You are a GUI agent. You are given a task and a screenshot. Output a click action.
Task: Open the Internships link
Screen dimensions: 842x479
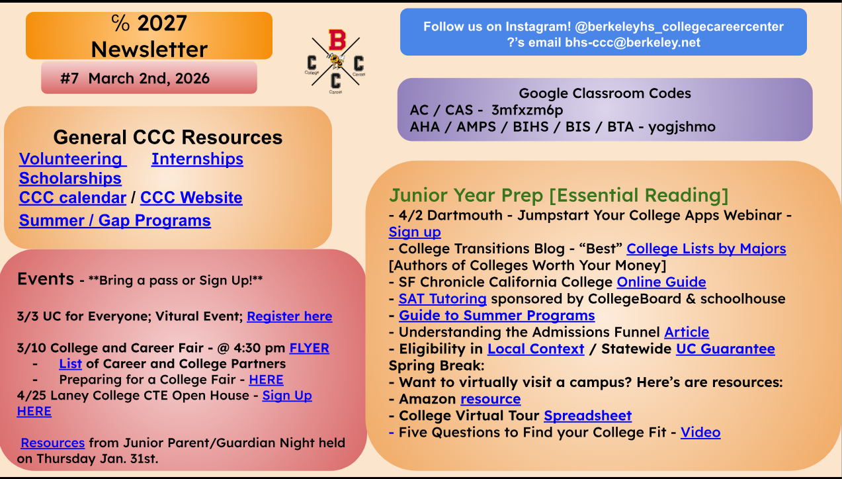click(x=197, y=159)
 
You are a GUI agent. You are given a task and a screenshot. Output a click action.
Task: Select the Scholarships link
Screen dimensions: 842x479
click(x=70, y=178)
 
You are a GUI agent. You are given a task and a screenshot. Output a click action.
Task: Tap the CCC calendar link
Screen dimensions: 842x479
click(x=73, y=198)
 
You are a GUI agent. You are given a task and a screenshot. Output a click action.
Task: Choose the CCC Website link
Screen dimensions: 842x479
click(x=191, y=198)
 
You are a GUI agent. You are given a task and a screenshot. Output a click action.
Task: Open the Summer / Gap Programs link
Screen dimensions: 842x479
click(x=115, y=221)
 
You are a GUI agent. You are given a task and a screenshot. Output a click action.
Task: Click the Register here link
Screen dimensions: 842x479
click(x=290, y=316)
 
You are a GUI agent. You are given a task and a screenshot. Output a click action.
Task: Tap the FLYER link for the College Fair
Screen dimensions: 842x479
click(x=310, y=348)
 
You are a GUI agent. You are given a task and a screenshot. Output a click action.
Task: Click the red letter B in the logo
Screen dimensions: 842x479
click(x=337, y=40)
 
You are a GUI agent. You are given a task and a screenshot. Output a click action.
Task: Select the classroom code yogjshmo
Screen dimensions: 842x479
click(x=682, y=127)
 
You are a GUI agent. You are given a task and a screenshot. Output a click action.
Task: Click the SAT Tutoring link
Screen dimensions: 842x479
click(x=442, y=299)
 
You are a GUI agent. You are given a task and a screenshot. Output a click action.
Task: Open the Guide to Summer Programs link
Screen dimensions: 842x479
click(x=497, y=316)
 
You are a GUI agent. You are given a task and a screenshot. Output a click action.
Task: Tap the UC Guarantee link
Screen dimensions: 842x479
click(x=726, y=349)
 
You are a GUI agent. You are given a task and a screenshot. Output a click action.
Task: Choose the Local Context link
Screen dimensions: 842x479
click(x=536, y=349)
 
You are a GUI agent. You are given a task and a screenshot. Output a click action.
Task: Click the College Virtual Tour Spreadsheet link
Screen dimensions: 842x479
click(x=588, y=416)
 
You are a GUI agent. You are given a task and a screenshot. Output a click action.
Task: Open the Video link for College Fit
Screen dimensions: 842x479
click(x=700, y=433)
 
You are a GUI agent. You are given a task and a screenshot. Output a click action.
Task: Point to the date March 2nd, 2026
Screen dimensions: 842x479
click(x=149, y=79)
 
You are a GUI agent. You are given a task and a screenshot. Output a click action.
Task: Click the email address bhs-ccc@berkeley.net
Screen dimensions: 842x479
click(x=632, y=42)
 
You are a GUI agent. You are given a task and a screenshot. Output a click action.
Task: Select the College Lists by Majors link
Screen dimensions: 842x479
click(x=706, y=249)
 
